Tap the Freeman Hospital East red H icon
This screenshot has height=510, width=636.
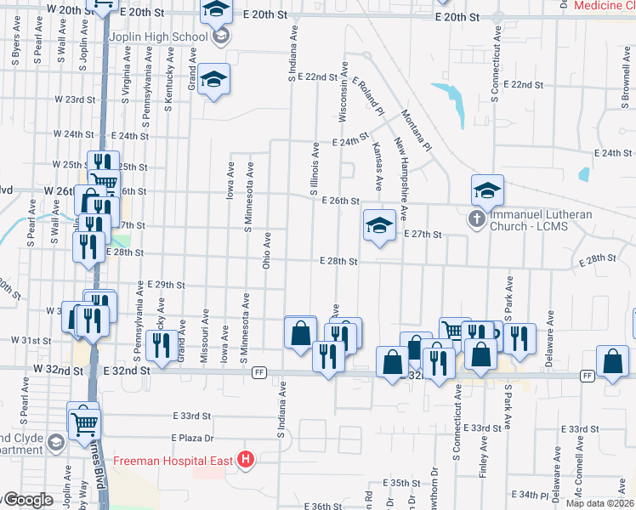pyautogui.click(x=246, y=460)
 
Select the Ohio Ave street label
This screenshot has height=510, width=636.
pyautogui.click(x=267, y=252)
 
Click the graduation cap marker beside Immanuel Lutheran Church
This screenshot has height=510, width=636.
pyautogui.click(x=488, y=190)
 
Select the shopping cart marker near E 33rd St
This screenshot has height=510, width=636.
pyautogui.click(x=84, y=422)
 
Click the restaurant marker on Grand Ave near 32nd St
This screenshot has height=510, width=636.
pyautogui.click(x=159, y=345)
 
